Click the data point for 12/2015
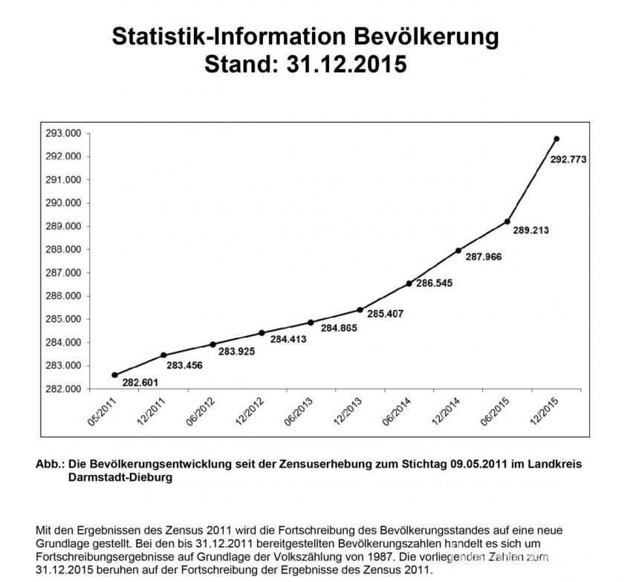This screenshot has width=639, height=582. click(x=557, y=139)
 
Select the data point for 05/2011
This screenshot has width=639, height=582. click(x=114, y=375)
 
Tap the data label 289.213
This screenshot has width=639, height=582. click(x=531, y=230)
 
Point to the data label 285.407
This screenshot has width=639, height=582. click(x=385, y=314)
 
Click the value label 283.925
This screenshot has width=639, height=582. click(x=236, y=352)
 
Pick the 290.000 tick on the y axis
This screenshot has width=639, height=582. click(x=63, y=203)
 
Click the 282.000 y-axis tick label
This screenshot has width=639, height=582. click(x=63, y=389)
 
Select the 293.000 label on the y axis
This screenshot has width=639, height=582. click(x=63, y=133)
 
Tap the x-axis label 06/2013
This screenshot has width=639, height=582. click(x=299, y=411)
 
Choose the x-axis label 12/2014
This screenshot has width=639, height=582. click(x=446, y=411)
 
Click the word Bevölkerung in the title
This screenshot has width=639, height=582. click(x=426, y=36)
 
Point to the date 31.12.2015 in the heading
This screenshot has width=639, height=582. click(x=346, y=65)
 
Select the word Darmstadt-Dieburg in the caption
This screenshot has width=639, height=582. click(x=120, y=477)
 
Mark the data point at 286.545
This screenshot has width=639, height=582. click(x=409, y=284)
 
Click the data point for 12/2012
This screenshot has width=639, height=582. click(x=262, y=333)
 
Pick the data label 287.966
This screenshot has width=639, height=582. click(x=484, y=256)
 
